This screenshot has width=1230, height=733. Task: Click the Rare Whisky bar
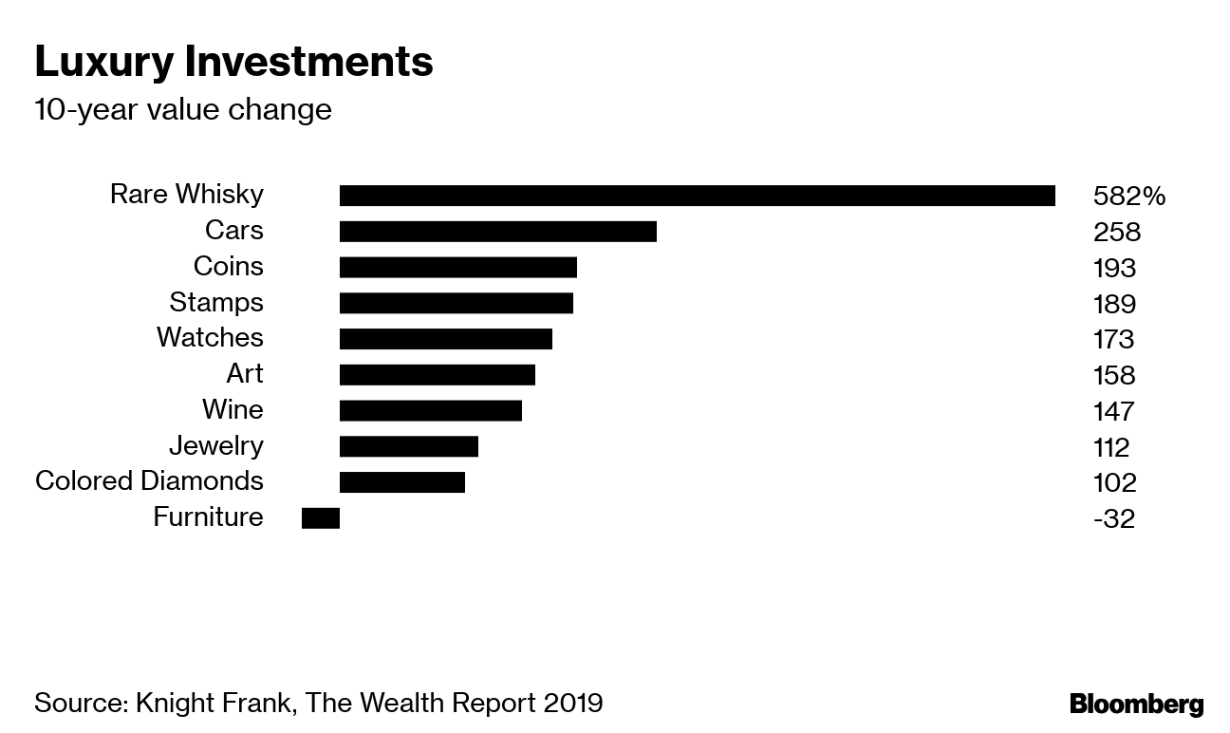697,196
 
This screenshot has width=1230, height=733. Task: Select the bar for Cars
497,232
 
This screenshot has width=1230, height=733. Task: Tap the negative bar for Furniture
321,517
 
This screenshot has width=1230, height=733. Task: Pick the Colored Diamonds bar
401,481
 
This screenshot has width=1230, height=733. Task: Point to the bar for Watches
445,339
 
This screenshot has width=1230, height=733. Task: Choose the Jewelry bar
408,446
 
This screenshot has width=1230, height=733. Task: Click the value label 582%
1128,197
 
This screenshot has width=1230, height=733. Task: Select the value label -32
1113,518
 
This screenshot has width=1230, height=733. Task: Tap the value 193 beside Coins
1114,268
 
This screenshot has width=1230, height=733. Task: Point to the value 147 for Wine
1114,411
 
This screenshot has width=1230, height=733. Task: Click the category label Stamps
216,303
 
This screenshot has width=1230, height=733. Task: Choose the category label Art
244,374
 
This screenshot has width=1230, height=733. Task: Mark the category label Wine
233,410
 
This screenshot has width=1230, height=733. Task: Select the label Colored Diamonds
149,481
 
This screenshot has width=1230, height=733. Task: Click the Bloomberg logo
1136,705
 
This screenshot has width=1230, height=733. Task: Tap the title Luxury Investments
233,63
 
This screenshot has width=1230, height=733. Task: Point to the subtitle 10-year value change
183,110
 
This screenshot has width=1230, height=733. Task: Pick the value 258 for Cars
1116,233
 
